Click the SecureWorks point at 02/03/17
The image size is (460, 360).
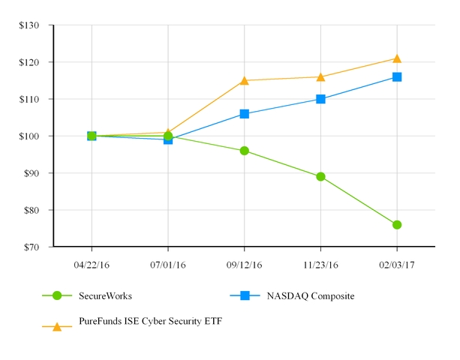coord(397,225)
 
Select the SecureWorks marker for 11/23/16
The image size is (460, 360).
coord(320,177)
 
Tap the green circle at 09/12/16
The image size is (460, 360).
coord(244,151)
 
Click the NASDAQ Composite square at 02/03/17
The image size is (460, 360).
coord(397,76)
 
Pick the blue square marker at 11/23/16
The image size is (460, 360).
coord(320,99)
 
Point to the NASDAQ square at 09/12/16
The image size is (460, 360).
coord(244,114)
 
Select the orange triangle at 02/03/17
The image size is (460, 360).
coord(397,58)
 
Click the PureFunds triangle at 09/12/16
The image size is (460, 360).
coord(244,80)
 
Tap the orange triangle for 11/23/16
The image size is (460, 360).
coord(320,76)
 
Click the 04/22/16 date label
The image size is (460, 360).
coord(92,265)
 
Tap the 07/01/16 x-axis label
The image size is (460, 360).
coord(168,265)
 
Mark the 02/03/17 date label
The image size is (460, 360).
coord(397,265)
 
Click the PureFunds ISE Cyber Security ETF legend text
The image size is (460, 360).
coord(150,321)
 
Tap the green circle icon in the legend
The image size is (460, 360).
coord(56,295)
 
